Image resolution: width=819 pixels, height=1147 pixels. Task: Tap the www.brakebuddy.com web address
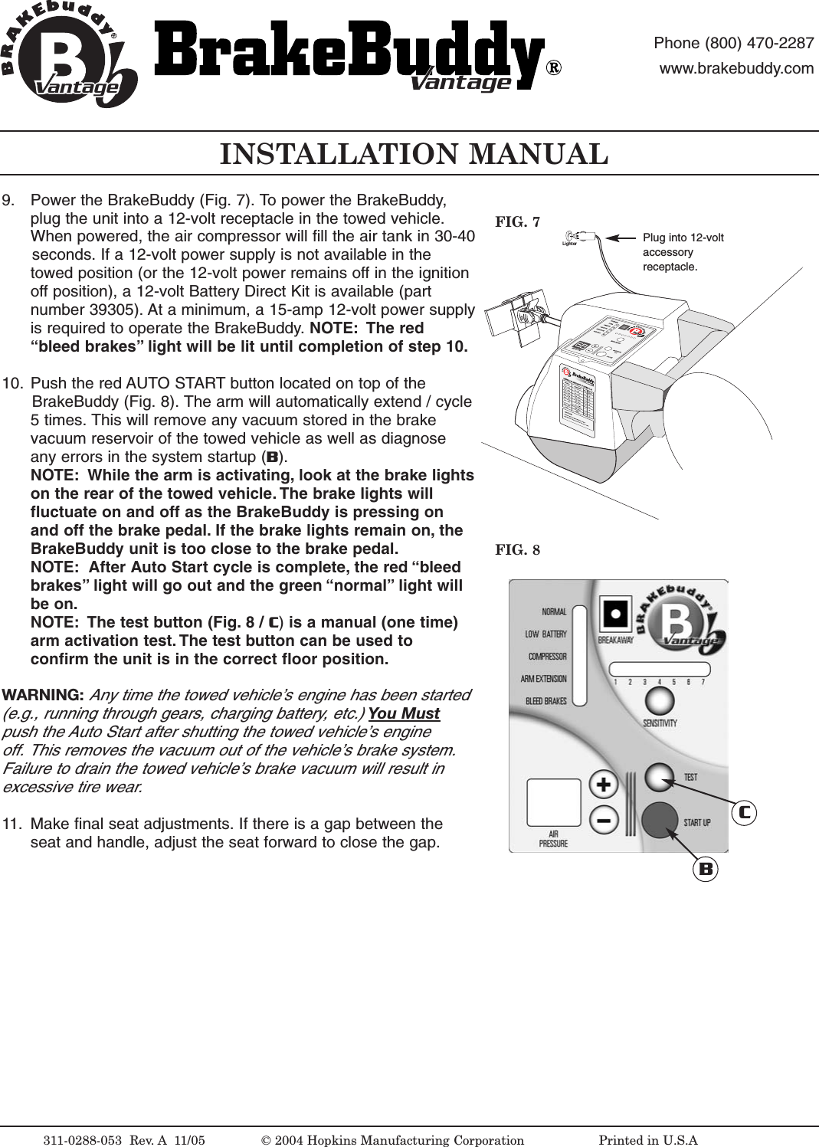[x=736, y=68]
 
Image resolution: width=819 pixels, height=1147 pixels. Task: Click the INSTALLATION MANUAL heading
[x=414, y=154]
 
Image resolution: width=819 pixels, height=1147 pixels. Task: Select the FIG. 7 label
[x=517, y=222]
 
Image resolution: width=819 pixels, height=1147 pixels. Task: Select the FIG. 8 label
[x=517, y=550]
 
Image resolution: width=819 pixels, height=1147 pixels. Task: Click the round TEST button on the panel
[x=660, y=777]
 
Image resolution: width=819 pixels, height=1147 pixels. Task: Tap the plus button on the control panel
[x=604, y=785]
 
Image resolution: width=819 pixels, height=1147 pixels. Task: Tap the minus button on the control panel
[x=604, y=821]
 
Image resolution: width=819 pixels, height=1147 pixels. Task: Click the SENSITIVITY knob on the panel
[x=660, y=700]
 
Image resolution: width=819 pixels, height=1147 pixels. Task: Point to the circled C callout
[x=744, y=812]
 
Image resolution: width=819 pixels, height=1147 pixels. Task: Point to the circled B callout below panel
[x=706, y=869]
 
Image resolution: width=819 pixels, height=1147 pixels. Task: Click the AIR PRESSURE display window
[x=554, y=802]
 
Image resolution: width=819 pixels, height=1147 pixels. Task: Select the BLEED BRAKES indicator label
[x=546, y=701]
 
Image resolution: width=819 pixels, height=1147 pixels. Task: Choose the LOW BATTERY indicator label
[x=546, y=634]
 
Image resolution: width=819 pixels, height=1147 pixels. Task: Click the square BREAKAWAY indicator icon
[x=615, y=614]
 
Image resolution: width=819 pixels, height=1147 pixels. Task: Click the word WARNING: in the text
[x=43, y=695]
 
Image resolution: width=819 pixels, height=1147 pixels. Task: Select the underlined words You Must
[x=404, y=713]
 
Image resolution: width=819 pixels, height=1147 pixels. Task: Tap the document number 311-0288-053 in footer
[x=83, y=1140]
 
